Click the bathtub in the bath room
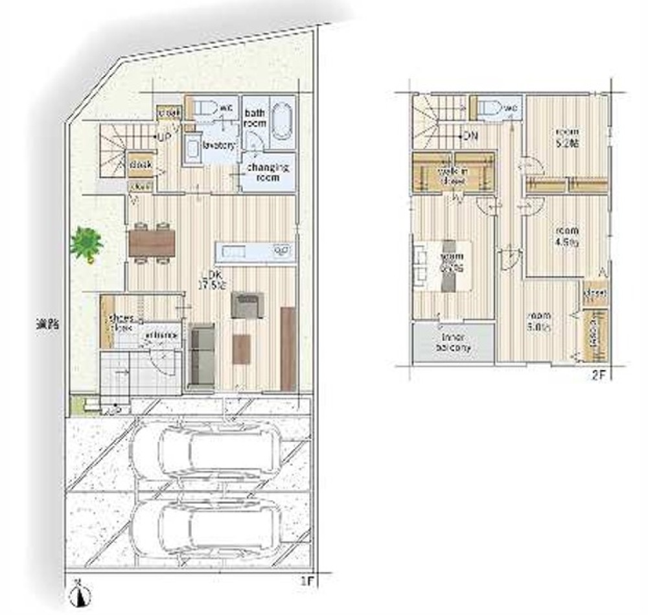(282, 121)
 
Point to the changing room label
(267, 172)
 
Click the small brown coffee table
(241, 348)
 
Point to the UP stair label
(165, 137)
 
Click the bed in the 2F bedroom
(446, 265)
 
